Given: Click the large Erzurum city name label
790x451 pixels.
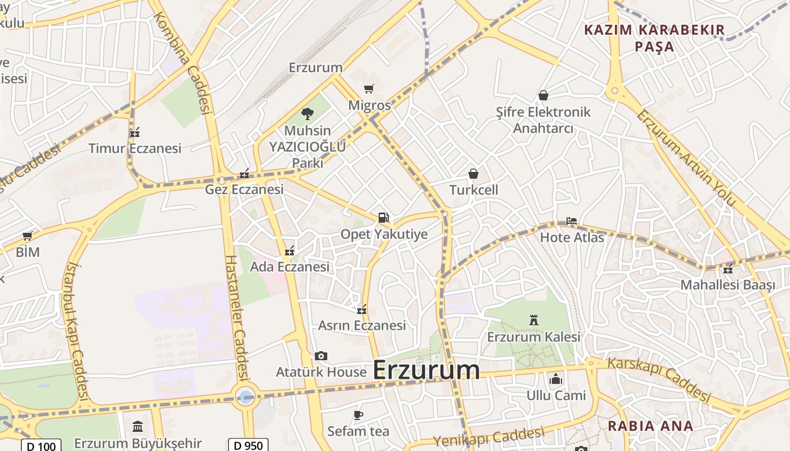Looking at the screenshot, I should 427,370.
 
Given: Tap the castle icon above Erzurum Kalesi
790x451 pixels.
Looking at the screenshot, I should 534,321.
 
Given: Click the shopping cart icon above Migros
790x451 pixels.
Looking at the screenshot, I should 369,89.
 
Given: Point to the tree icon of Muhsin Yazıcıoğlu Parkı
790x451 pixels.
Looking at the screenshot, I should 308,114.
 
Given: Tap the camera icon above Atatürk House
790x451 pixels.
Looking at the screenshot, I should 321,356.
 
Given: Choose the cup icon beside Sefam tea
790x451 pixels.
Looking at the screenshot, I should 358,415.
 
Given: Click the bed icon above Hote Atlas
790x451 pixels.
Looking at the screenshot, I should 571,221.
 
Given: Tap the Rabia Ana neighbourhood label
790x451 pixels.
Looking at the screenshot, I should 650,426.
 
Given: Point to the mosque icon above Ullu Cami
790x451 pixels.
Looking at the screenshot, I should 556,379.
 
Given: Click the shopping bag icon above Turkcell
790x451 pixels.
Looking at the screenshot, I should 473,174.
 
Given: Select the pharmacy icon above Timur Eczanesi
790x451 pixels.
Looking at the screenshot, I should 135,132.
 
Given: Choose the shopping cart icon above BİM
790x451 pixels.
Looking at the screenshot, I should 27,236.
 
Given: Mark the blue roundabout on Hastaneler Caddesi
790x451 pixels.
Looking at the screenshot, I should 245,396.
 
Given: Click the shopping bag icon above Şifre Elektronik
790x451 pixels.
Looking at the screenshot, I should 543,95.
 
